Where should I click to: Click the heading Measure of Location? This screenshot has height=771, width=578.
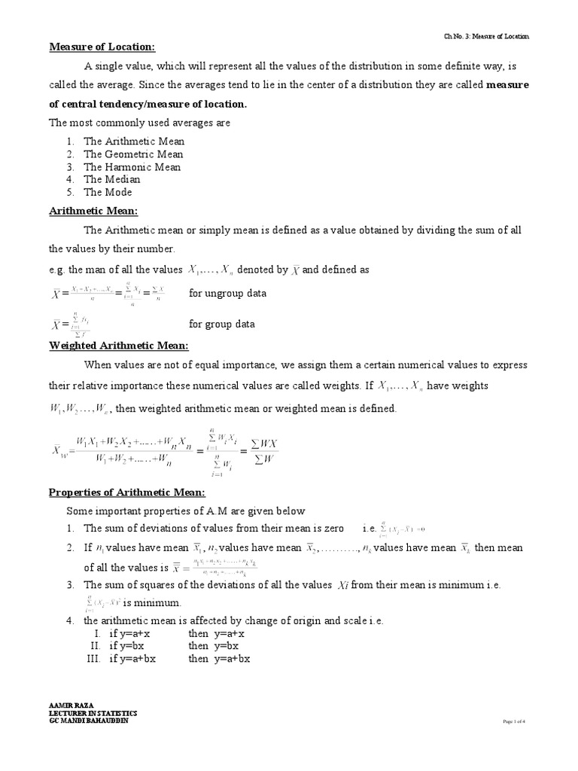(x=102, y=47)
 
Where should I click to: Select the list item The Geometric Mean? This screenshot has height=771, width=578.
(x=132, y=154)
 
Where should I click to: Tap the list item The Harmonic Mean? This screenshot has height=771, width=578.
(x=132, y=166)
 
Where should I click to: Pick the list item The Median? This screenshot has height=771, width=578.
(x=111, y=179)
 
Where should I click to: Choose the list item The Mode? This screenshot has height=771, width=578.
(x=108, y=192)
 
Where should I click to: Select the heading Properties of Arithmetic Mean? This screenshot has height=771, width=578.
(x=126, y=492)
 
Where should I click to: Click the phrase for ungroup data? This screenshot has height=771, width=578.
(x=227, y=293)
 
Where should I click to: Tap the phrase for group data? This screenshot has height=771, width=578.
(x=221, y=324)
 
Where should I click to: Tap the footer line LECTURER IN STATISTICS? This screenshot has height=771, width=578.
(x=93, y=712)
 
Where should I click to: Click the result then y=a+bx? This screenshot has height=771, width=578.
(x=218, y=658)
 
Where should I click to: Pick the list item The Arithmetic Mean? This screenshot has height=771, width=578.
(x=133, y=141)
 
